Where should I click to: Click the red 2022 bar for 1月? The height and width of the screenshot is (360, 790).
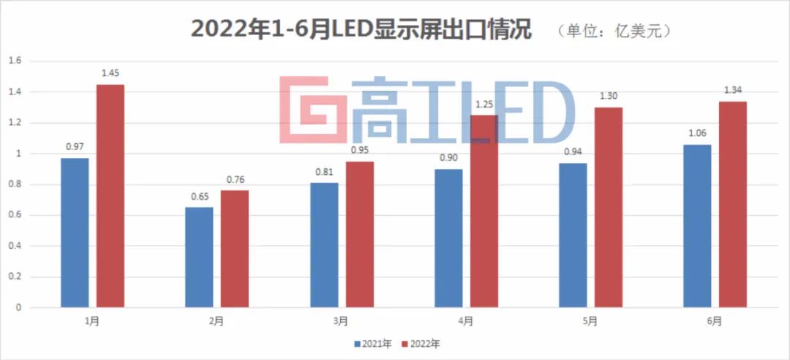tap(110, 196)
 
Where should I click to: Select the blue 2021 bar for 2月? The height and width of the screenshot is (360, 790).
tap(199, 258)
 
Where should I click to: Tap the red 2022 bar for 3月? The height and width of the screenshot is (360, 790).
tap(360, 234)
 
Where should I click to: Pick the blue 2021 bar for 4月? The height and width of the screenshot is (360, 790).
tap(448, 239)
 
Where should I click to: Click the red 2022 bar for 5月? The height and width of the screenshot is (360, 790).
tap(609, 207)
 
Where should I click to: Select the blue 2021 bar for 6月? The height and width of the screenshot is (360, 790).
tap(697, 226)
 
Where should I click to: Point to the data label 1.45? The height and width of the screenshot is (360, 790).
tap(110, 73)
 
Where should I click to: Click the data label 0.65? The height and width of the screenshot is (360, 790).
tap(199, 196)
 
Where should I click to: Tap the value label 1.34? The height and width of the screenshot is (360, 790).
tap(733, 90)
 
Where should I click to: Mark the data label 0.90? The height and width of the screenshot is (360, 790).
tap(448, 158)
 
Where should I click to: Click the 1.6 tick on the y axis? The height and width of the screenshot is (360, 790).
tap(13, 61)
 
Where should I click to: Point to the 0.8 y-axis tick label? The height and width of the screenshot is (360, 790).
tap(13, 184)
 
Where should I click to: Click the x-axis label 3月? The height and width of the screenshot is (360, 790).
tap(342, 320)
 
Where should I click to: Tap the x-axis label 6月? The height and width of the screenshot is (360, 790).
tap(715, 320)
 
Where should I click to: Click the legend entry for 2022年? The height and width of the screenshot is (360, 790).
tap(419, 342)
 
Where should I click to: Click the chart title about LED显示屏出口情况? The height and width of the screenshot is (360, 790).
tap(361, 29)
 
